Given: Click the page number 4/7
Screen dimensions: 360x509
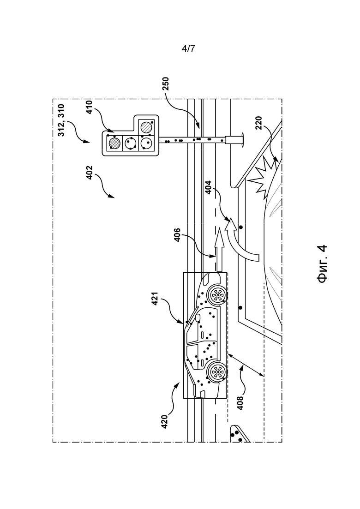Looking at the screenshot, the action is point(188,49).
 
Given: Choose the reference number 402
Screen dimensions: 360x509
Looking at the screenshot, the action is point(90,173).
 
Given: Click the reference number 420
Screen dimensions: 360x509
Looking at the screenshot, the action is point(164,421).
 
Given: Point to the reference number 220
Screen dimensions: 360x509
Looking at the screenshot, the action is point(258,124).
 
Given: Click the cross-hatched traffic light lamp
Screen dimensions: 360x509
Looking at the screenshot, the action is point(114,142).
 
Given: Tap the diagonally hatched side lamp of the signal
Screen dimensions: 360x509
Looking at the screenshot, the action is point(147,126).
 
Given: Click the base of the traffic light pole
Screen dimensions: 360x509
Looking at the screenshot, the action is point(235,140).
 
